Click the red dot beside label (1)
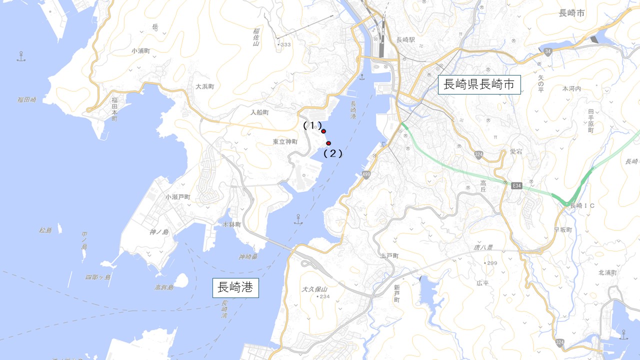point(323,131)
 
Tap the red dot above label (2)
point(328,143)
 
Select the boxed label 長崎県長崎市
point(479,84)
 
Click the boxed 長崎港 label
point(235,287)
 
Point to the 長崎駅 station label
point(405,40)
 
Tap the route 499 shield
point(366,174)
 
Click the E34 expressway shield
point(517,186)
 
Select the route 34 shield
point(548,51)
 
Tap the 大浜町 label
point(204,86)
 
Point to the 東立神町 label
point(285,142)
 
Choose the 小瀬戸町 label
point(178,197)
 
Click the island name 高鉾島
point(163,287)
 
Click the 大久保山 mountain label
point(314,289)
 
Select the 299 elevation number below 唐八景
point(491,263)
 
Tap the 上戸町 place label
point(389,255)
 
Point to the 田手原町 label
point(590,121)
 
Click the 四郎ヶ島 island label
point(97,277)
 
